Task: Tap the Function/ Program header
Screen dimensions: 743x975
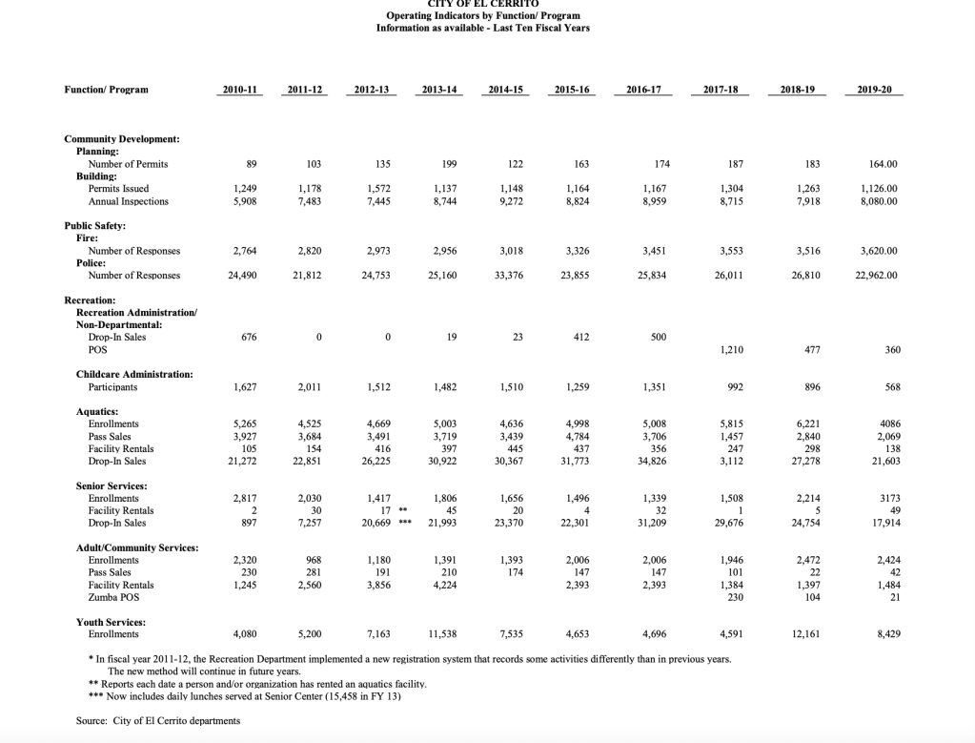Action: click(x=107, y=90)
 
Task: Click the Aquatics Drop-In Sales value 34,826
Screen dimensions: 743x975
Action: click(x=654, y=461)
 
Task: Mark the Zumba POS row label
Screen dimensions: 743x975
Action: click(x=112, y=597)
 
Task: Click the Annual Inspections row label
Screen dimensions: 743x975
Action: click(x=128, y=201)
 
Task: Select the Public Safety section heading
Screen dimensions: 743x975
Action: click(x=94, y=226)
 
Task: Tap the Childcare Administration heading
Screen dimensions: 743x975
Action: click(x=134, y=375)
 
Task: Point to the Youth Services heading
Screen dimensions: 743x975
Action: click(x=111, y=622)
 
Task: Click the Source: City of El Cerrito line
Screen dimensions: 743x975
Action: click(x=158, y=720)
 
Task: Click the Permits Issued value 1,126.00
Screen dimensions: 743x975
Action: click(x=880, y=189)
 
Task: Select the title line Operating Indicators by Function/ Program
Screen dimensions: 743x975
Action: click(x=482, y=16)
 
